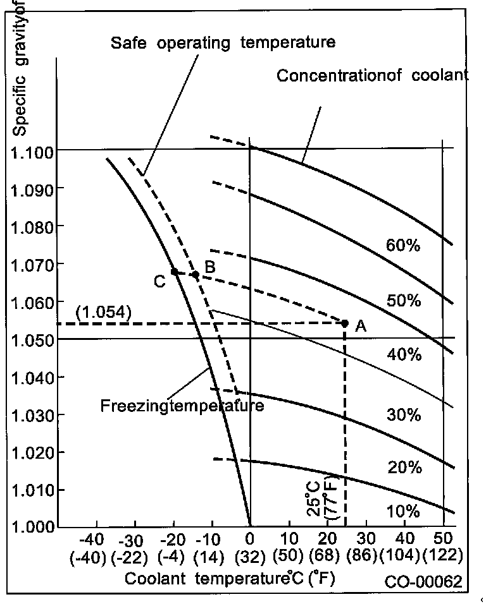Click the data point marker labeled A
pos(345,323)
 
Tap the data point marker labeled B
pos(196,275)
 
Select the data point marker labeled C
pos(175,272)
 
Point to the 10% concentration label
pos(402,510)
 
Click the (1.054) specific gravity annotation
pos(103,312)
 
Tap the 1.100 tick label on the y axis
pos(35,152)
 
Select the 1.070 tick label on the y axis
pos(35,264)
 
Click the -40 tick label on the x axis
pos(95,542)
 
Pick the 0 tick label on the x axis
pos(250,542)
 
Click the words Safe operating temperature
pos(222,44)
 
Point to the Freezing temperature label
pos(182,405)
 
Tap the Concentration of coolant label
pos(373,76)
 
